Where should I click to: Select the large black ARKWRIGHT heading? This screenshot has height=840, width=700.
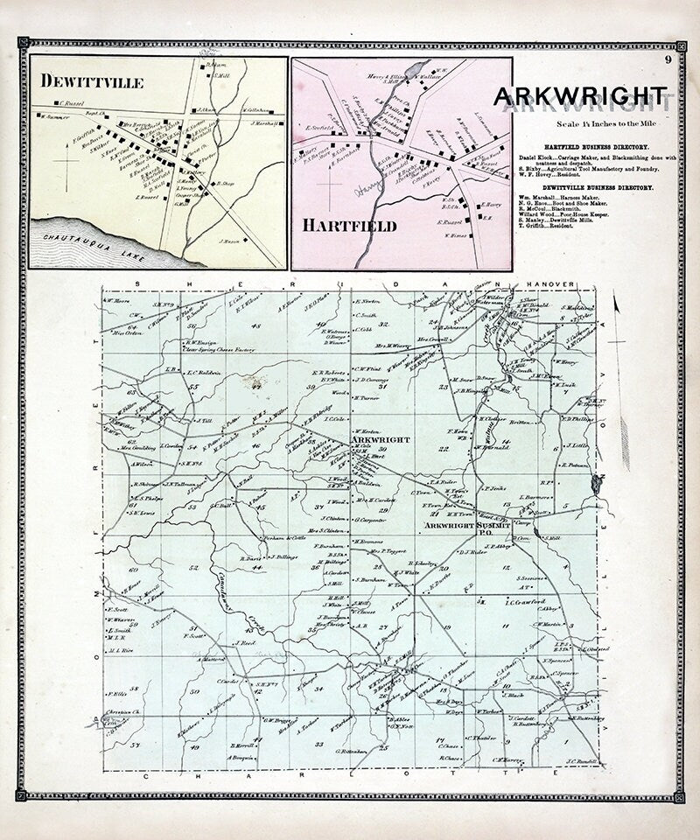(581, 94)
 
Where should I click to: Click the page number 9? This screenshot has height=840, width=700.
(667, 59)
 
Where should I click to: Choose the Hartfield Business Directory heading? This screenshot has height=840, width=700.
(582, 146)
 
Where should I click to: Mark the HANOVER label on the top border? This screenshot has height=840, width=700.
(547, 285)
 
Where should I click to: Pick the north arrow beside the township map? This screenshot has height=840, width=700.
(617, 308)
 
